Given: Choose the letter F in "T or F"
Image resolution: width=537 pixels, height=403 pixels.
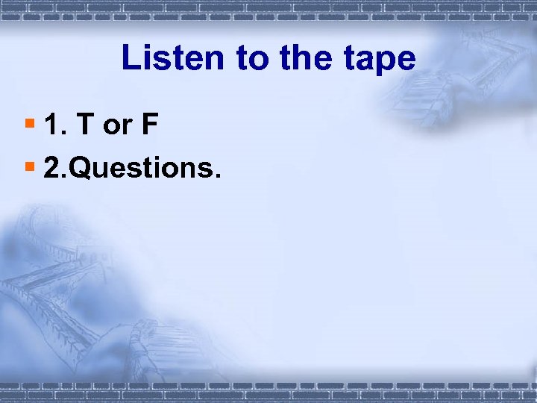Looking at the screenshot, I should (x=149, y=125).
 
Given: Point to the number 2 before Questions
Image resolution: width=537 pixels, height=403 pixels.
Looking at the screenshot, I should (x=52, y=169).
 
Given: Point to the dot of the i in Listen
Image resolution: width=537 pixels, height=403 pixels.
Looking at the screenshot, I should (x=154, y=46).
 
